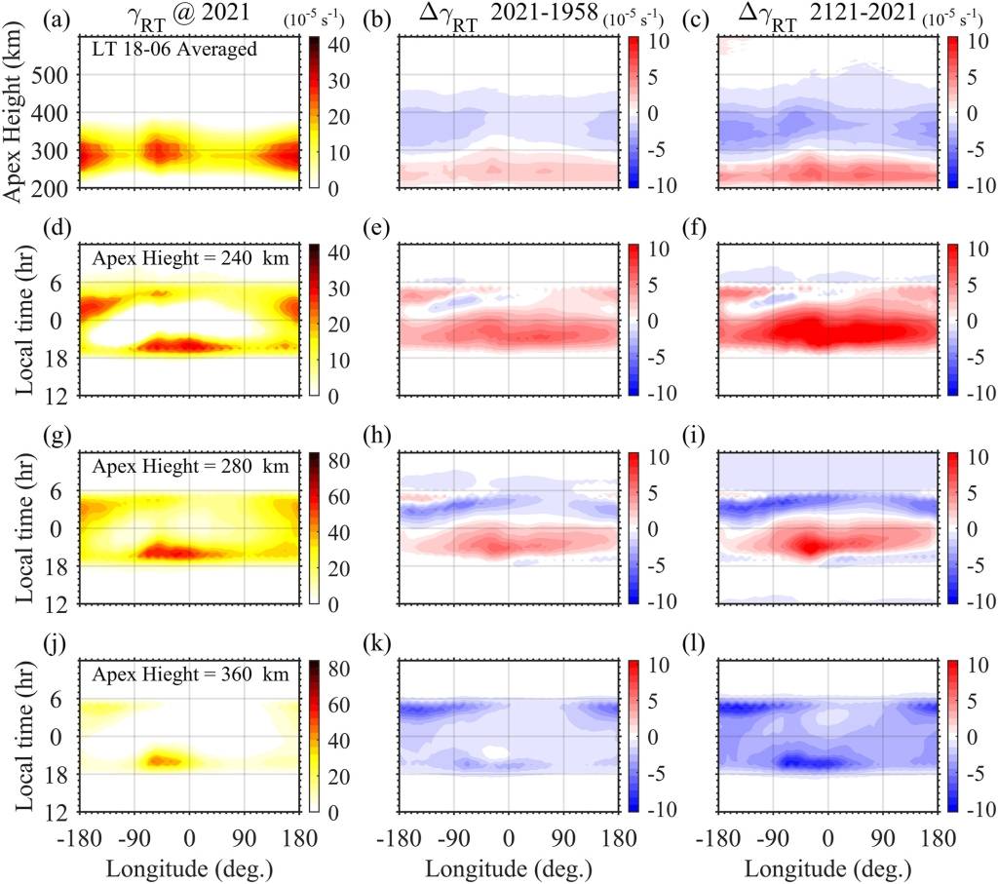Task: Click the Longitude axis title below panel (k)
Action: click(506, 864)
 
